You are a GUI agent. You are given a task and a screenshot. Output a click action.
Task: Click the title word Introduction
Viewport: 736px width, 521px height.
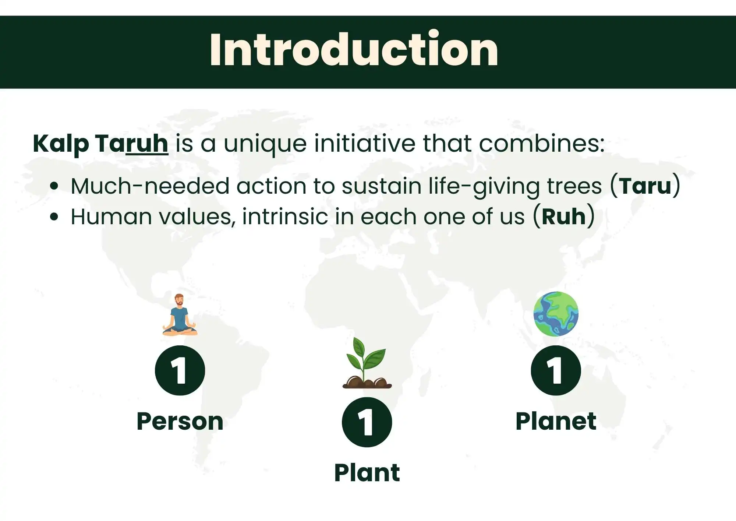[x=354, y=49]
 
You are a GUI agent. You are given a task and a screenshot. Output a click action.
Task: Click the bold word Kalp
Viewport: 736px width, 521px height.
[x=61, y=144]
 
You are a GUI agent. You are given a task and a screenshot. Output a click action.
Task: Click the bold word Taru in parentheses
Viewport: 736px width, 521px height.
[x=645, y=186]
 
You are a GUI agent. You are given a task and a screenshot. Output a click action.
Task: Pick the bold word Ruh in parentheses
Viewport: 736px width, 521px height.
[x=563, y=217]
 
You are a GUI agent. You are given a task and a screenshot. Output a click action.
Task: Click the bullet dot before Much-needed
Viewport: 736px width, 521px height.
[x=54, y=186]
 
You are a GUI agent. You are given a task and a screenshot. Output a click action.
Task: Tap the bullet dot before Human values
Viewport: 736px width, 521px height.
[x=54, y=217]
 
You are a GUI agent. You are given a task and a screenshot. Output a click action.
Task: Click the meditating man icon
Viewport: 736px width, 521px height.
[x=180, y=315]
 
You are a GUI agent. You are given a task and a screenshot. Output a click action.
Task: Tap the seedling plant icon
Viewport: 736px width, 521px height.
[x=367, y=363]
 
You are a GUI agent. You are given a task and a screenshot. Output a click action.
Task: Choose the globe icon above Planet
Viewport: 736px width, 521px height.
[x=556, y=314]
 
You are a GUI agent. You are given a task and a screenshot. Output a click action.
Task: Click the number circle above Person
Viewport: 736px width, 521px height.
[x=180, y=370]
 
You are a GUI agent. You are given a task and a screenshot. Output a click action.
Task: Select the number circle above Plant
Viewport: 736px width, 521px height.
[x=367, y=422]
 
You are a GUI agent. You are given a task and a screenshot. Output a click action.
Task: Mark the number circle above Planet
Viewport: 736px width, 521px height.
[x=556, y=370]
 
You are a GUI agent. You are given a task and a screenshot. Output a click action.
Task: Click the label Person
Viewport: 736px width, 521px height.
[x=180, y=421]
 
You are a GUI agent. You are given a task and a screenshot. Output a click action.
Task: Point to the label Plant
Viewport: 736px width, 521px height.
[x=367, y=473]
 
